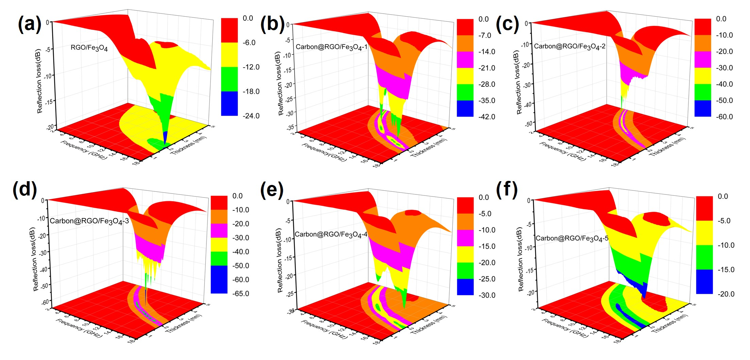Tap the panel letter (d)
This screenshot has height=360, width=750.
click(x=24, y=189)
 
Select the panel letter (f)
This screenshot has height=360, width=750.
click(x=507, y=189)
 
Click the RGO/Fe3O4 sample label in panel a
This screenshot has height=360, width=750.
click(x=89, y=48)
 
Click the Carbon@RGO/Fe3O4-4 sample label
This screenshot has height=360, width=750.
click(x=331, y=235)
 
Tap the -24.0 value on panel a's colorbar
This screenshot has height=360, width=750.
click(x=251, y=116)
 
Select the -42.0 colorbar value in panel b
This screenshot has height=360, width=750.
click(x=487, y=117)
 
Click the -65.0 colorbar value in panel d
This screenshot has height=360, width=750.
click(x=240, y=293)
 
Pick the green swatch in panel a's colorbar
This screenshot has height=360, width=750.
click(x=229, y=79)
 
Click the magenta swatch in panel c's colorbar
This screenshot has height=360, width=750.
click(x=702, y=59)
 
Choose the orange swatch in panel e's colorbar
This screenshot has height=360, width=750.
click(x=465, y=222)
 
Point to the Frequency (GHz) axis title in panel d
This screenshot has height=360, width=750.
click(x=79, y=328)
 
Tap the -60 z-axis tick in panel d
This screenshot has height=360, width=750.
click(x=45, y=301)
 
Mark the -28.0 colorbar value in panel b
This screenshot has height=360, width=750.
click(x=487, y=84)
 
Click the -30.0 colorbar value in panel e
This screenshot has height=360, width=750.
click(x=487, y=295)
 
